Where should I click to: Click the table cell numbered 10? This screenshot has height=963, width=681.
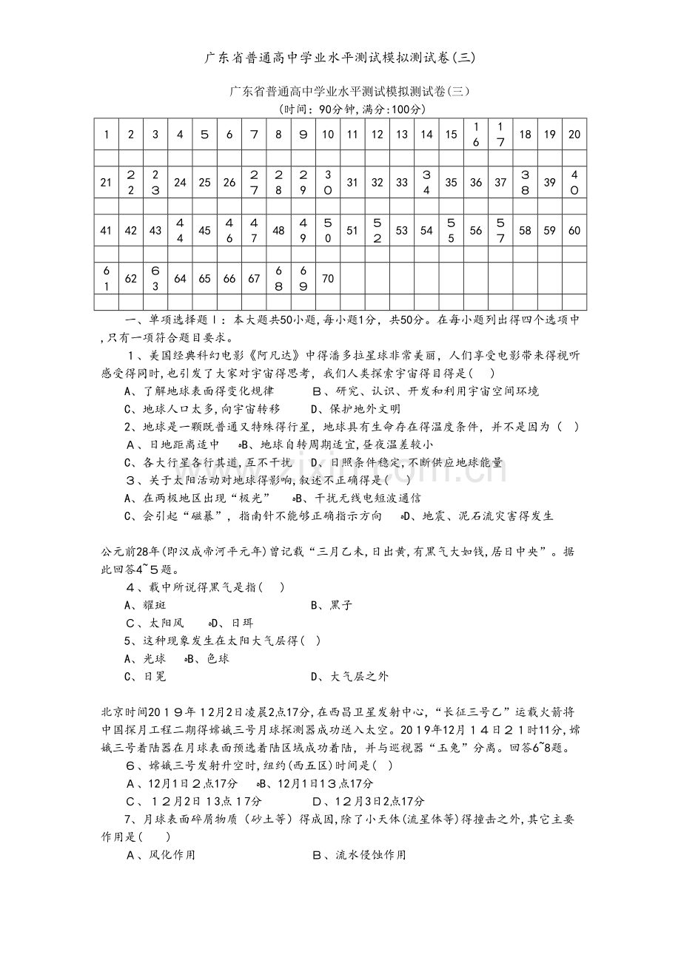(328, 135)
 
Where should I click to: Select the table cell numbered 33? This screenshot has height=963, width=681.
(402, 183)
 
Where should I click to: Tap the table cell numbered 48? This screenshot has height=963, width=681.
(278, 231)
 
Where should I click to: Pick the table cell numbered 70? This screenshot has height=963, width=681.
(328, 279)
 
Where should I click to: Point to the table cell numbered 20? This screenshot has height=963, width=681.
(574, 135)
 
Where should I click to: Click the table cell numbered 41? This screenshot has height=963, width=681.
(106, 231)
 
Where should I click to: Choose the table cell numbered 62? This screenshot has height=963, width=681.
(131, 279)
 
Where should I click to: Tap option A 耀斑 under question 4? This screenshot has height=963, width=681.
(146, 605)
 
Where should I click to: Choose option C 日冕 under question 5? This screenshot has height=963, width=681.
(146, 676)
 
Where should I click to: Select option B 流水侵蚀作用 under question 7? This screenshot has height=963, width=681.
(360, 855)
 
